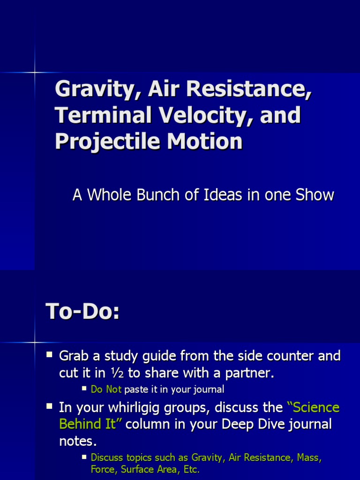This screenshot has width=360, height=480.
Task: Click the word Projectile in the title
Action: tap(104, 141)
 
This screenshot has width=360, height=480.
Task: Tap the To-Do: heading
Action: tap(82, 312)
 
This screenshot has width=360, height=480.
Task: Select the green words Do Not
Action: tap(106, 389)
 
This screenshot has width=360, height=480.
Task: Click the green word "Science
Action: tap(313, 407)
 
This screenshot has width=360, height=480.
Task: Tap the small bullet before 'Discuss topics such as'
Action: tap(84, 456)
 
